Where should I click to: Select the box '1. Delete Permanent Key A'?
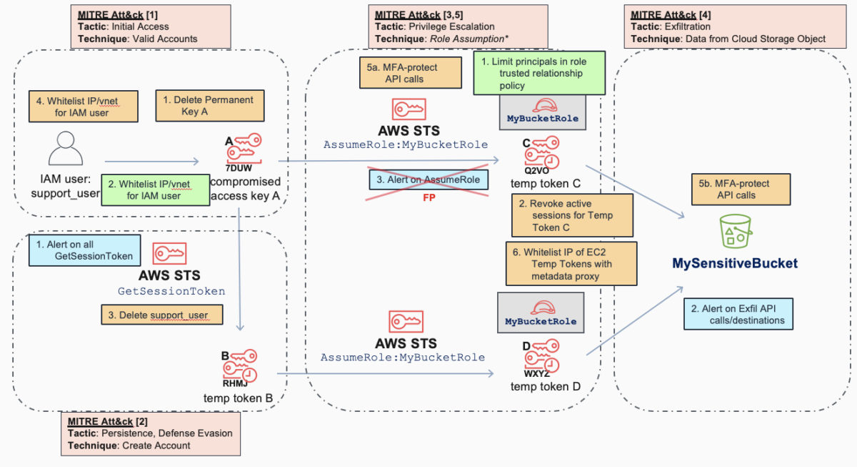pyautogui.click(x=209, y=106)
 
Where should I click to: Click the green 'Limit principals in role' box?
pyautogui.click(x=540, y=73)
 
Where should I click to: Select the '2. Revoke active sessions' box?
pyautogui.click(x=572, y=215)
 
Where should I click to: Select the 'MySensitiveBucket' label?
pyautogui.click(x=734, y=264)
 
